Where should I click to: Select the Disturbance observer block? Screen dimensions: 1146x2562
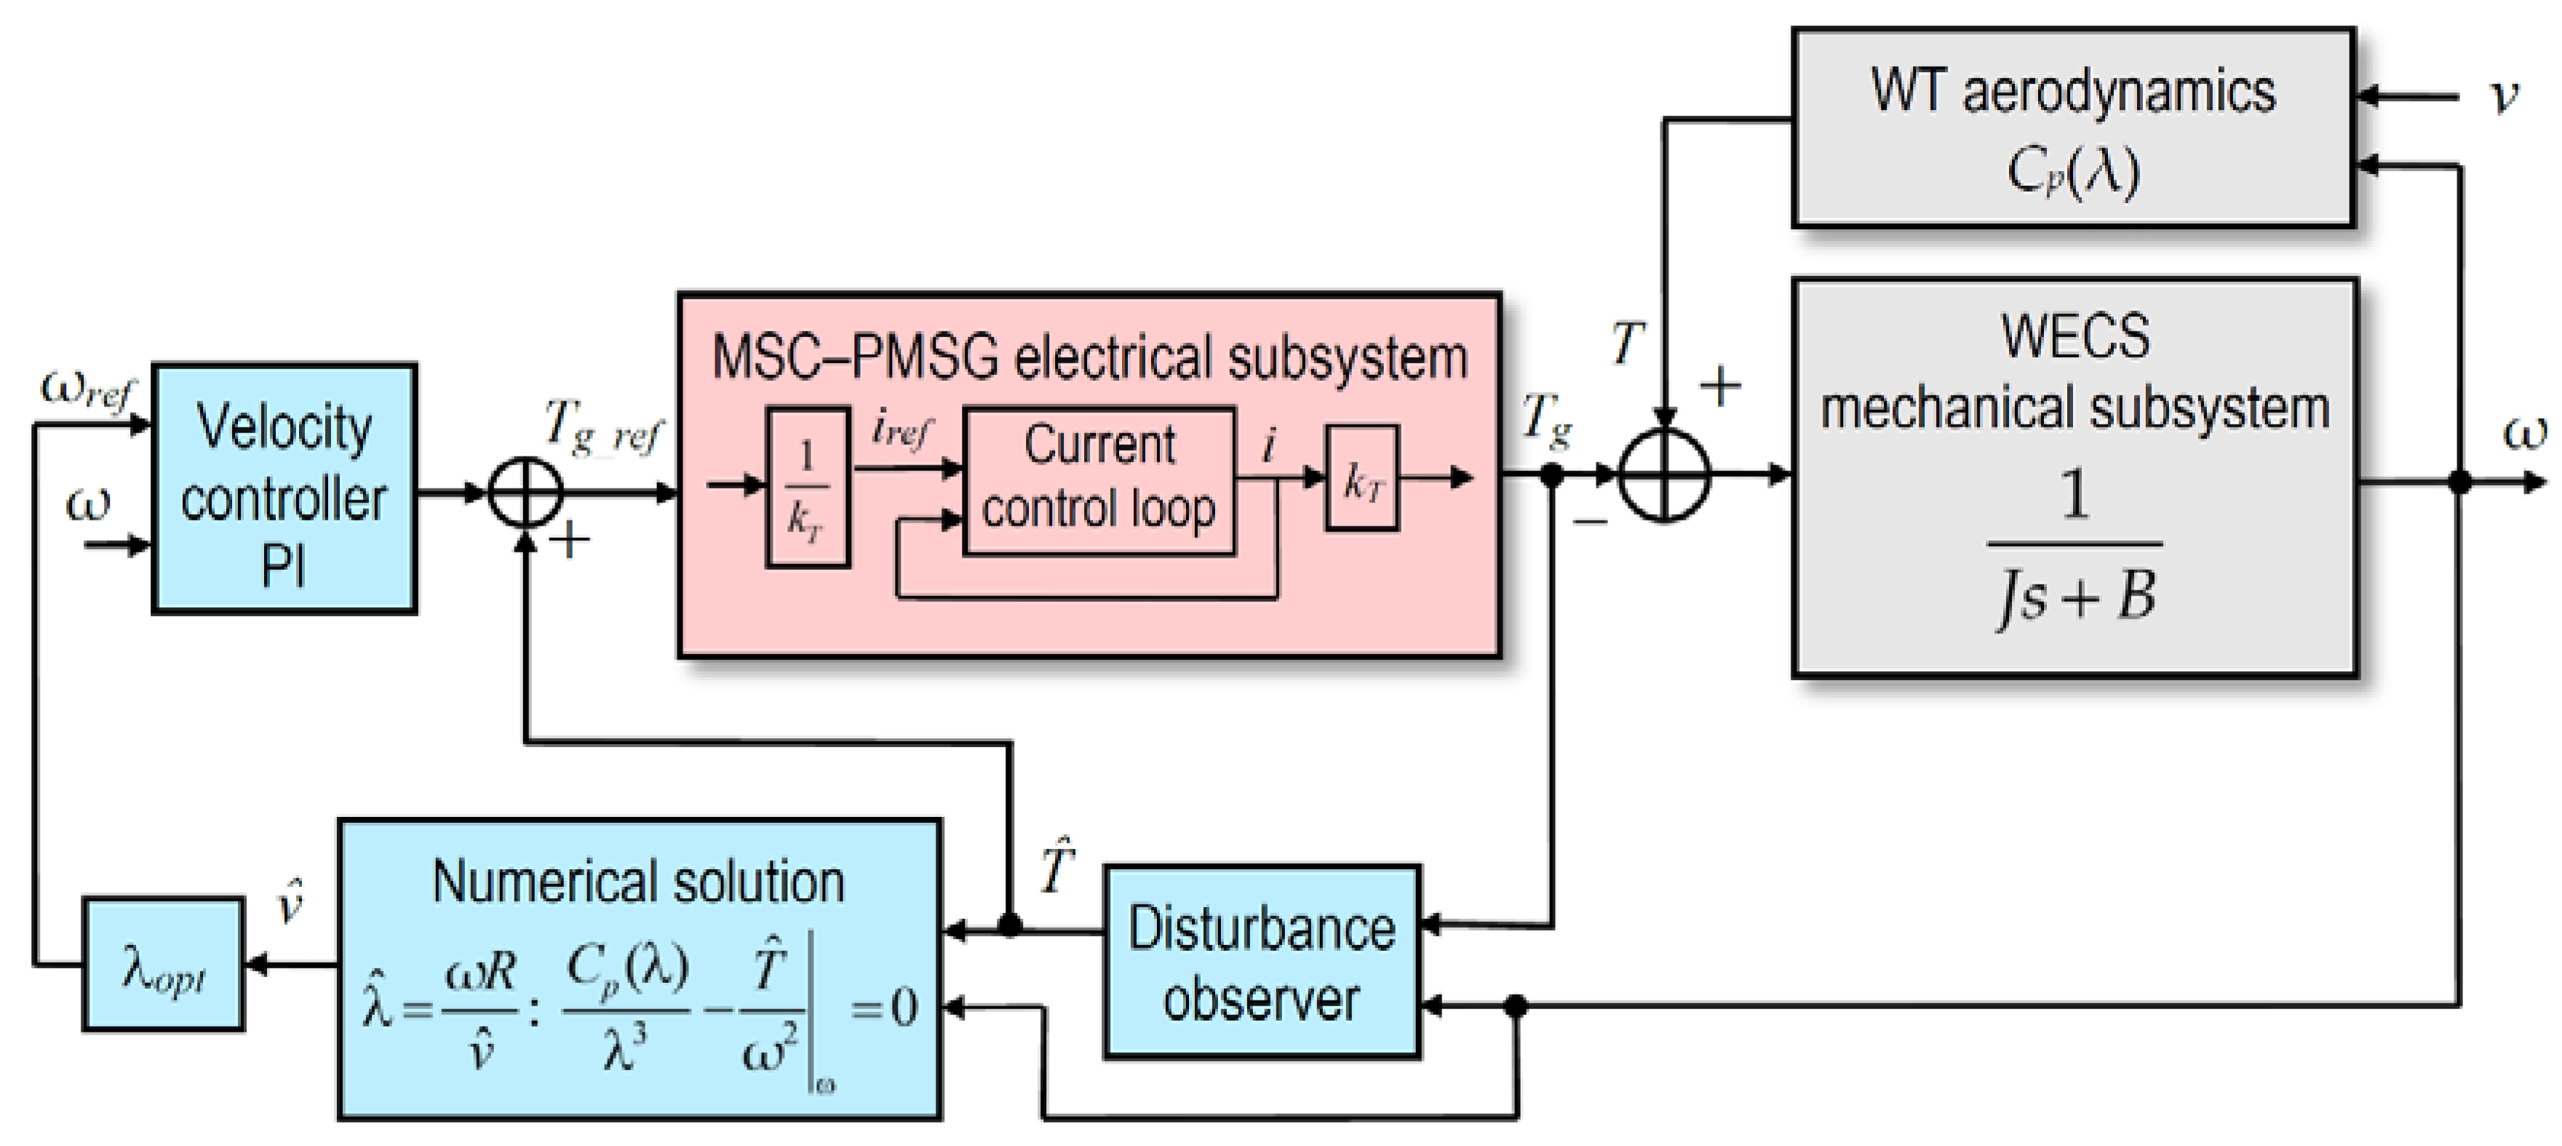point(1261,961)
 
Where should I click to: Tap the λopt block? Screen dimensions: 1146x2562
point(163,964)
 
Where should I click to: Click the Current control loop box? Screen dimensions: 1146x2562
point(1099,480)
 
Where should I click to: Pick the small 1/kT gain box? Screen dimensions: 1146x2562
point(807,486)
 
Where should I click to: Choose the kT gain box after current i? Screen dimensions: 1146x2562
point(1361,478)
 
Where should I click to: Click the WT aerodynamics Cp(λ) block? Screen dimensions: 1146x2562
point(2073,127)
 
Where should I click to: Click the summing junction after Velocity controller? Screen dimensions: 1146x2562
point(525,491)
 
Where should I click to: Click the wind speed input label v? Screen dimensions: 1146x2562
point(2503,98)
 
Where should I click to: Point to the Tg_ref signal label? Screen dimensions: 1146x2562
point(602,428)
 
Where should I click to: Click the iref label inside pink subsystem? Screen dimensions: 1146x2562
point(901,430)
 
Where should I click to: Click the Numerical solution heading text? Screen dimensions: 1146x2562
point(637,882)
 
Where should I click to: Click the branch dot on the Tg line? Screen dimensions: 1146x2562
point(1551,475)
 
